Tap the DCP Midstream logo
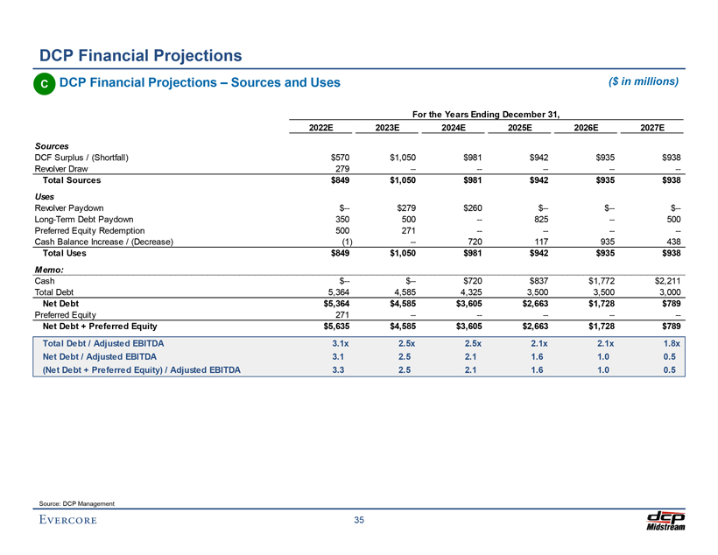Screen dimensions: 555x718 tap(665, 519)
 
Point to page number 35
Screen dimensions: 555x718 tap(359, 522)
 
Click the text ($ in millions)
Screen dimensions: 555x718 tap(643, 81)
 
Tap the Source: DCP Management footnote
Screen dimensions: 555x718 tap(77, 502)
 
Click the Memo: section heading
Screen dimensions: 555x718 tap(50, 270)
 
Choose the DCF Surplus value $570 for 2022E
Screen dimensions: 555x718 tap(341, 158)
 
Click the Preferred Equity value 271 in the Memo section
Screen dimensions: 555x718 tap(343, 315)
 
